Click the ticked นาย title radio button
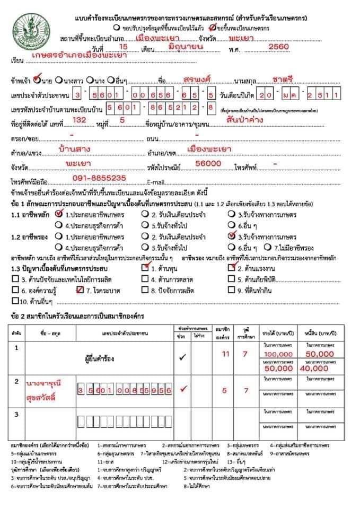(37, 80)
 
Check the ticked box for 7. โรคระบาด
(80, 289)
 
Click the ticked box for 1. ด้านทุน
(145, 268)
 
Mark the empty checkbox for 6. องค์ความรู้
(15, 290)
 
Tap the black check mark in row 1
(182, 357)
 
